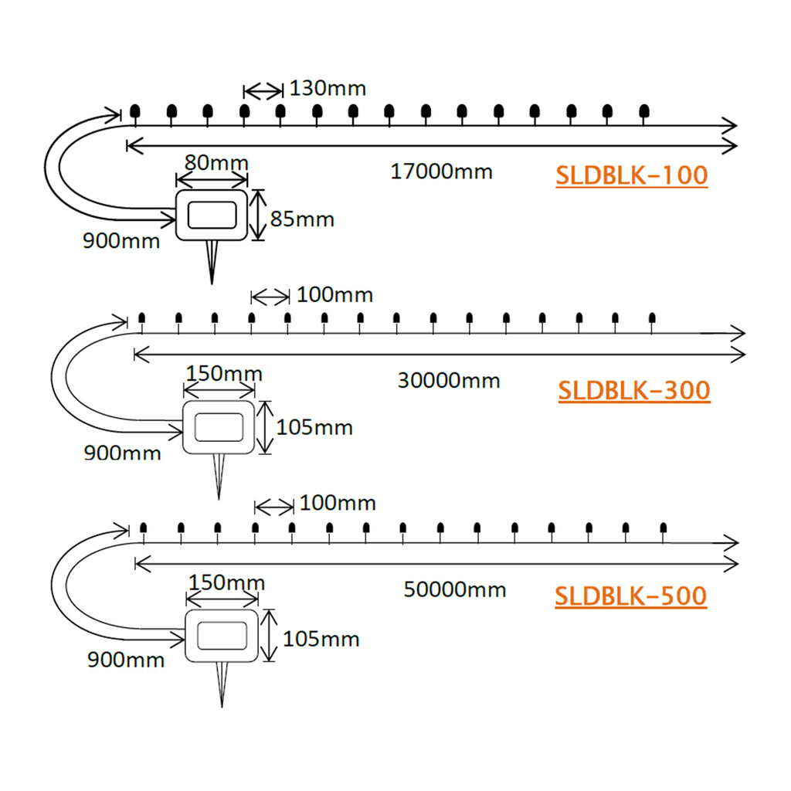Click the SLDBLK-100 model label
[x=631, y=175]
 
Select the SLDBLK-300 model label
[x=633, y=390]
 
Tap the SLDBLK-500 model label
[x=630, y=596]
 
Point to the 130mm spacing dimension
[x=329, y=88]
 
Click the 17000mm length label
[x=441, y=171]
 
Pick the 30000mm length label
[x=449, y=380]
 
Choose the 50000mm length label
[x=455, y=590]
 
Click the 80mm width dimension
[x=216, y=163]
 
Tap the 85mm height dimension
[x=302, y=219]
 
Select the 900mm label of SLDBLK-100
[x=121, y=240]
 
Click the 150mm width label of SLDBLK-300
[x=224, y=375]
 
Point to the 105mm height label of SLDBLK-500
[x=321, y=640]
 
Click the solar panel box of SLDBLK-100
[x=212, y=214]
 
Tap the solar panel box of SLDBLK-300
[x=219, y=426]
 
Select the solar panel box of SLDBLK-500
[x=222, y=635]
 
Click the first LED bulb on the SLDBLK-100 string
[x=135, y=113]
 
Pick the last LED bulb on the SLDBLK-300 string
[x=652, y=318]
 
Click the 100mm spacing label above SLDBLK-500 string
[x=338, y=504]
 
